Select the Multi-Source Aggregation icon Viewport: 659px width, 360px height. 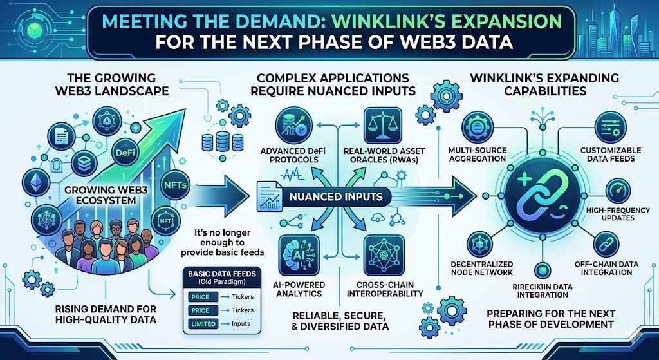coord(478,124)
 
